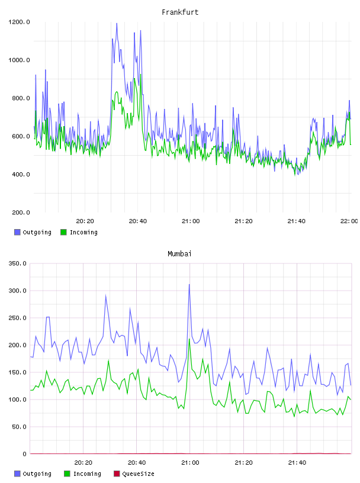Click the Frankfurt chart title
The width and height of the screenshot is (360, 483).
point(180,12)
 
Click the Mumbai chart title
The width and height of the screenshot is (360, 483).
point(179,253)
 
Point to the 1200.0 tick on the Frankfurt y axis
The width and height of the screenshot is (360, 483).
point(19,22)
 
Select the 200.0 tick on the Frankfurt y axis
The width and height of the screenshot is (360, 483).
point(21,212)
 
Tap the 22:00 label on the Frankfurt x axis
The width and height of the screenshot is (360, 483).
point(349,221)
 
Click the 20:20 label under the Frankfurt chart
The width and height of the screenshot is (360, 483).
point(85,221)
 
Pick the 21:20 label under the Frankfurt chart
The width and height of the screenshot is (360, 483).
point(243,221)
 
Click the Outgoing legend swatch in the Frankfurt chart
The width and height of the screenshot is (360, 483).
point(17,232)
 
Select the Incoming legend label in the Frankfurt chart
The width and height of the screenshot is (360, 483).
point(83,232)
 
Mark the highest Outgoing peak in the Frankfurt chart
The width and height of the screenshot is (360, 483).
point(117,24)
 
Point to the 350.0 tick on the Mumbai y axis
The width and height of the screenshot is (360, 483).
point(17,263)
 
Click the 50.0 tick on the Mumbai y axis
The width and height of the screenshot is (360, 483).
point(19,427)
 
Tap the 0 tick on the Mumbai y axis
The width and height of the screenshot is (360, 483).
point(25,454)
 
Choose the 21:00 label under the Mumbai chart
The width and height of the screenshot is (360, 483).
point(190,462)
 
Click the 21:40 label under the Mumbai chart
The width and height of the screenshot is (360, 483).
point(297,462)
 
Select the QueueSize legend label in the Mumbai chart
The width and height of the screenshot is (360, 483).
point(138,474)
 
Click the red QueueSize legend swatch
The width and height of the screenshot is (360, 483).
point(117,474)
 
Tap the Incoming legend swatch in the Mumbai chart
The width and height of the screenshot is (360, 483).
point(67,474)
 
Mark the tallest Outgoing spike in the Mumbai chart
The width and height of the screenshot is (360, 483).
point(189,284)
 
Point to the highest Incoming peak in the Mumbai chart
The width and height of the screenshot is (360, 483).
point(189,339)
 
